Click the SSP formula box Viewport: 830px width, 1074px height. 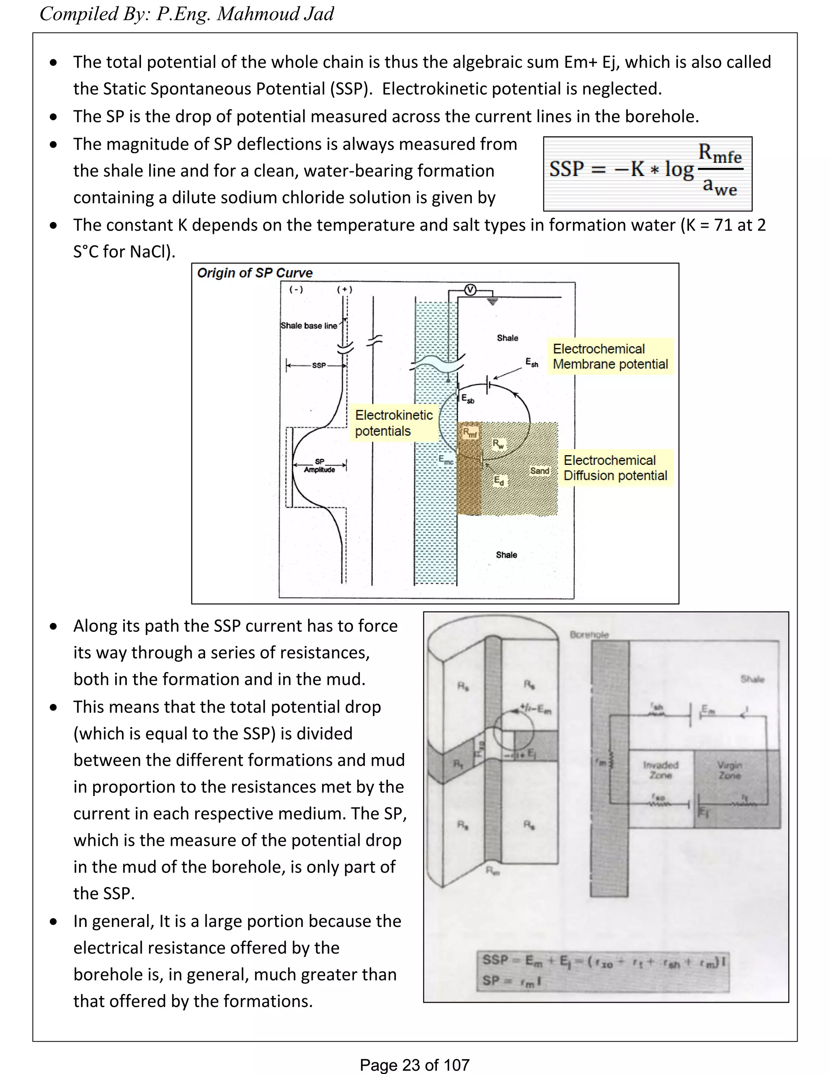click(x=647, y=173)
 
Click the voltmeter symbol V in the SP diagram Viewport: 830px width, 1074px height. click(x=471, y=290)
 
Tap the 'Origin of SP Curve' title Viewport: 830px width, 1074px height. click(x=255, y=273)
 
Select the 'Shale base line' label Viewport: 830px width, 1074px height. click(x=309, y=325)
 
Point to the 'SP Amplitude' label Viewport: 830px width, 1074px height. click(x=320, y=466)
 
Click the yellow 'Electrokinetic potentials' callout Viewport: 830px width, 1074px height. click(x=394, y=423)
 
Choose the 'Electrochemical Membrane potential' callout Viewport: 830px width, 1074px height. click(x=610, y=357)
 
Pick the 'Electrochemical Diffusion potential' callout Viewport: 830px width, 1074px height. click(x=615, y=468)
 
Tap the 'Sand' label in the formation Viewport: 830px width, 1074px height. click(x=539, y=471)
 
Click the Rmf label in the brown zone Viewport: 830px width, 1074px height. click(x=470, y=433)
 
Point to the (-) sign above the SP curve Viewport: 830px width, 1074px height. click(x=296, y=290)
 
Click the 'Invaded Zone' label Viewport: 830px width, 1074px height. click(x=660, y=770)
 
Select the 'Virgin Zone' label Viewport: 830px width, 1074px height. click(x=729, y=770)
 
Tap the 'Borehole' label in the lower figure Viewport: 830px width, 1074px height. click(x=589, y=634)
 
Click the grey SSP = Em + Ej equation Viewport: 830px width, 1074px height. click(x=603, y=970)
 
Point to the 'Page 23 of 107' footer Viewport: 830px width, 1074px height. click(x=415, y=1065)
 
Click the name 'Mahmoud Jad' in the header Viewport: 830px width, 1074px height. click(x=275, y=14)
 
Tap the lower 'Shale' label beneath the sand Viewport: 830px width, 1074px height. click(x=507, y=555)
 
